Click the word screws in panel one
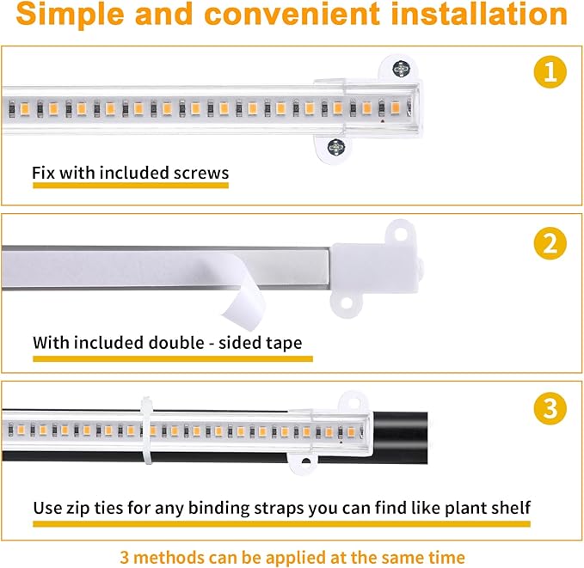pyautogui.click(x=200, y=174)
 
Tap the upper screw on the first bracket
pyautogui.click(x=400, y=69)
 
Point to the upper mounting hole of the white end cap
pyautogui.click(x=398, y=231)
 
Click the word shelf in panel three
pyautogui.click(x=508, y=507)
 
